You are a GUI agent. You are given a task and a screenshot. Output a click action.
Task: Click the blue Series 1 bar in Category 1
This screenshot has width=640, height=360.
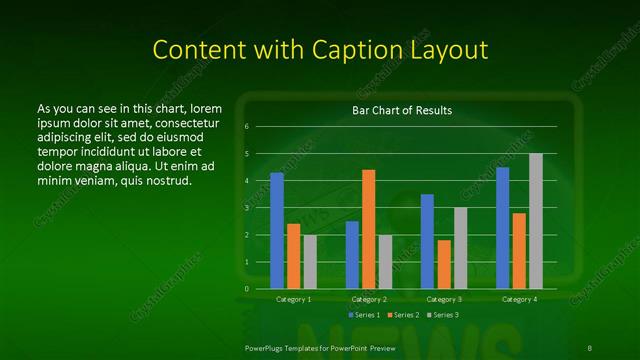coord(277,231)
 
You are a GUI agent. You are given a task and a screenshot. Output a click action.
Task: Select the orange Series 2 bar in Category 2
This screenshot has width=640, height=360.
coord(369,229)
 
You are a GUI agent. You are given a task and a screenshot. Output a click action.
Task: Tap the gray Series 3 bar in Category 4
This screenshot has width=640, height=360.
coord(536,221)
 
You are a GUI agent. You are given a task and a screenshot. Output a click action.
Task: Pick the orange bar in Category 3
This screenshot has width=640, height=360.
coord(444,264)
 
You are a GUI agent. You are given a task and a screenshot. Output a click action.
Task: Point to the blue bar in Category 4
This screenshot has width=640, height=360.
coord(502,228)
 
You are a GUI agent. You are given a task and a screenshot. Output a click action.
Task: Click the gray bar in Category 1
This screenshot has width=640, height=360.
coord(310,262)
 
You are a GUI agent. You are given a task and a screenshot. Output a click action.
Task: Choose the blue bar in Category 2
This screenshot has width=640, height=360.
coord(352,255)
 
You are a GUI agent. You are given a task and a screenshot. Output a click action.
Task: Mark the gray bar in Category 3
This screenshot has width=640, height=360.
coord(461,248)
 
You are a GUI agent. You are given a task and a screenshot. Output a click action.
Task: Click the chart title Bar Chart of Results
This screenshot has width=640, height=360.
coord(402,110)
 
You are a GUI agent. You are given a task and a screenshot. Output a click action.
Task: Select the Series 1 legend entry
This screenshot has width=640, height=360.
coord(364,314)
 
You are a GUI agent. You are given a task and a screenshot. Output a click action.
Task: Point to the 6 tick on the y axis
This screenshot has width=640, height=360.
coord(247,127)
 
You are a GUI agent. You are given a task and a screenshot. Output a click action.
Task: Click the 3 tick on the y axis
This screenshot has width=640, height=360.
coord(247,208)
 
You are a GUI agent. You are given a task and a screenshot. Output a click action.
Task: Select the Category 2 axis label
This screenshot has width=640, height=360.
coord(369,299)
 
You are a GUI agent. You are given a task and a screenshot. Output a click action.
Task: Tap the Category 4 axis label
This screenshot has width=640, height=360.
coord(519,299)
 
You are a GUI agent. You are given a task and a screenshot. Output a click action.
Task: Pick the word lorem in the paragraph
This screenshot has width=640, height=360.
coord(205,108)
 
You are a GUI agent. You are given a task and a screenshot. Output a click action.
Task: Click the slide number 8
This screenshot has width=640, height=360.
coord(587,347)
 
